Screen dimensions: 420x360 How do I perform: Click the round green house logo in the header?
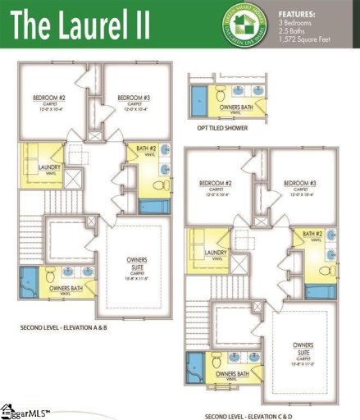[x=234, y=25]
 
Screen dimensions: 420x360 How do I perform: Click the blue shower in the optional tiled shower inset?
[x=199, y=100]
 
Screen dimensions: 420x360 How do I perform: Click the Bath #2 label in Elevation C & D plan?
[x=312, y=235]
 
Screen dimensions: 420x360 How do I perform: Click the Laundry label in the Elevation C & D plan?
[x=216, y=253]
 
